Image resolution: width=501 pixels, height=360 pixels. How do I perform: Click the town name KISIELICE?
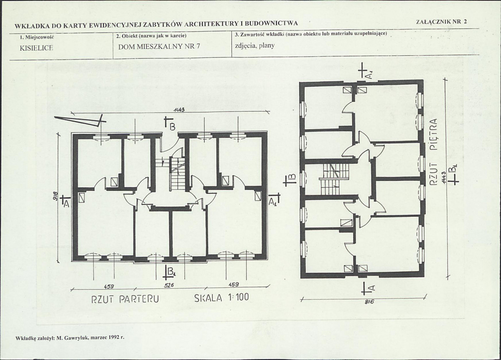pyautogui.click(x=36, y=48)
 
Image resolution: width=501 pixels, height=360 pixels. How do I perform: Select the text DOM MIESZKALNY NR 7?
pyautogui.click(x=159, y=46)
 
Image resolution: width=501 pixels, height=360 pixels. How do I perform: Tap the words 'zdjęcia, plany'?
pyautogui.click(x=254, y=46)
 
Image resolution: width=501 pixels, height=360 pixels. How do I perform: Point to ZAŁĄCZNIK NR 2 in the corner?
pyautogui.click(x=441, y=22)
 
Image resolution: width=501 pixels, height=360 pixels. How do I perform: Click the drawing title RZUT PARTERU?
pyautogui.click(x=125, y=299)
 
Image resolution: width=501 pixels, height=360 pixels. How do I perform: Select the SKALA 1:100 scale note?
pyautogui.click(x=221, y=297)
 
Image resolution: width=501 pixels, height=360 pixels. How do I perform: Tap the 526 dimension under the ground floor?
pyautogui.click(x=169, y=285)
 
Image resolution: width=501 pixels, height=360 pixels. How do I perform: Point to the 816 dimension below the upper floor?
pyautogui.click(x=369, y=302)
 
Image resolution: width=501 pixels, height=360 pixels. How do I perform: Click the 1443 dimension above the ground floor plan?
pyautogui.click(x=179, y=110)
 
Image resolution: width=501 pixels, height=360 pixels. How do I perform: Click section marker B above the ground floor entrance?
pyautogui.click(x=170, y=124)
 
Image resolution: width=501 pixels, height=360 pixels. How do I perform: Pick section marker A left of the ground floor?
pyautogui.click(x=64, y=201)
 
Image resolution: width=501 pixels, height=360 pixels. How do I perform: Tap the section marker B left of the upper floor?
pyautogui.click(x=291, y=180)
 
